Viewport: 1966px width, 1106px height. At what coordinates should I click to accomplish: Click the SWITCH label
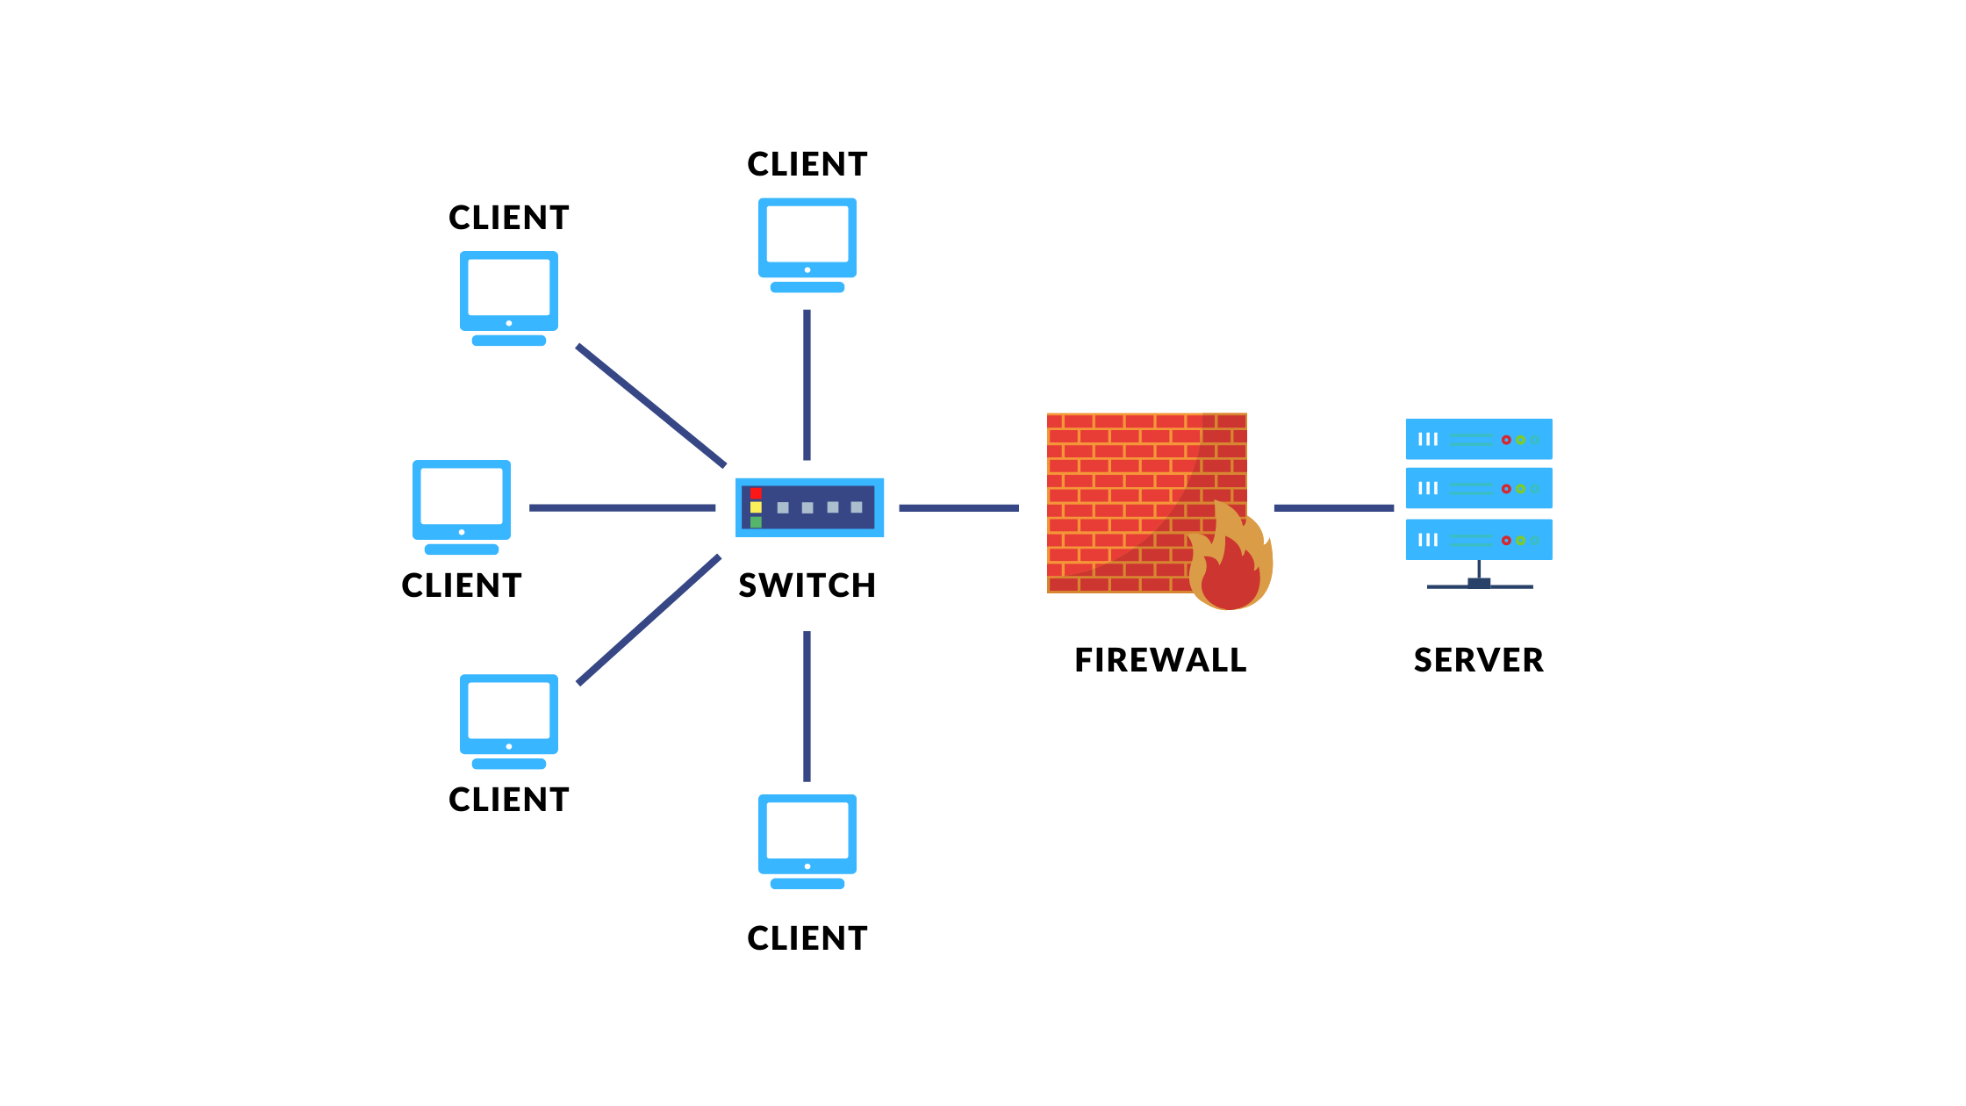coord(807,585)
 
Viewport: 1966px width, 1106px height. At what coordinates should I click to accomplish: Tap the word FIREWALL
coord(1160,660)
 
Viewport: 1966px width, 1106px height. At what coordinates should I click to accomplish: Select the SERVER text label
coord(1478,660)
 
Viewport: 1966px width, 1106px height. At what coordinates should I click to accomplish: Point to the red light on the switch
coord(756,492)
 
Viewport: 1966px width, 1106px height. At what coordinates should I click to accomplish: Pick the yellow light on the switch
coord(756,507)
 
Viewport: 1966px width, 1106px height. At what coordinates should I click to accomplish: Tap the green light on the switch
coord(756,522)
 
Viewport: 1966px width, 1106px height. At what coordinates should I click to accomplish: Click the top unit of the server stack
coord(1478,439)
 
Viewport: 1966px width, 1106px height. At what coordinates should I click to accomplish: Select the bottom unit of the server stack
coord(1478,540)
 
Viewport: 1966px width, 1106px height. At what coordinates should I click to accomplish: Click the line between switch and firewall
coord(958,508)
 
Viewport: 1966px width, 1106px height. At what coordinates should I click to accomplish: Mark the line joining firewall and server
coord(1333,508)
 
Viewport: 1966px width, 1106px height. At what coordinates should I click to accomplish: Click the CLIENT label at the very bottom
coord(807,938)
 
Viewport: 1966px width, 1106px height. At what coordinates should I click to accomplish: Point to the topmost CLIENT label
coord(807,164)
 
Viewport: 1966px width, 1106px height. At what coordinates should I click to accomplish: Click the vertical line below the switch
coord(807,706)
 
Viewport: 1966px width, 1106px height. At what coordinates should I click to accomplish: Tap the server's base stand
coord(1479,584)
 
